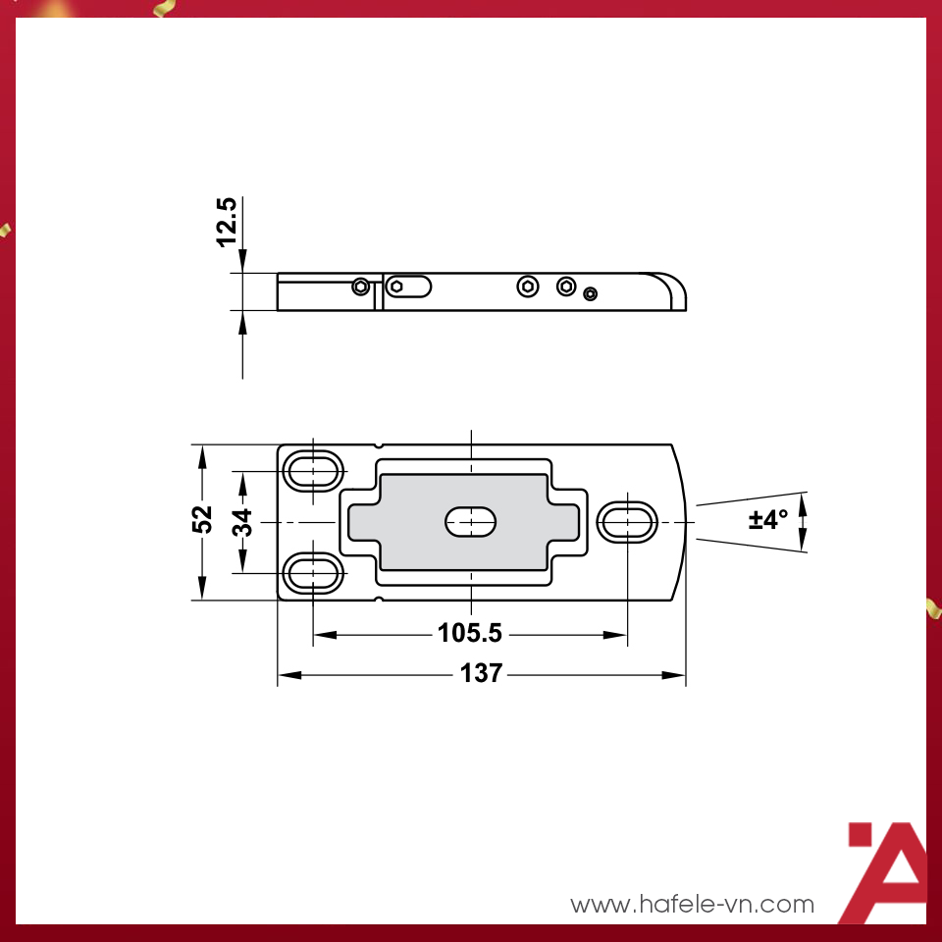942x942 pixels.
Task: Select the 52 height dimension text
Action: point(202,519)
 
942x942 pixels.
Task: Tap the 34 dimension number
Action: point(242,521)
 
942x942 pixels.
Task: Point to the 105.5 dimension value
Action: point(469,634)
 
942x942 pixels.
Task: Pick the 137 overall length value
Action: point(482,674)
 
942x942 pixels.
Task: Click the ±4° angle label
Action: point(767,519)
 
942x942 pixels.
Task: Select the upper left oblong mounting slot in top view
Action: point(313,470)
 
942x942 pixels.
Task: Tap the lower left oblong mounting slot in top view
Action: point(313,572)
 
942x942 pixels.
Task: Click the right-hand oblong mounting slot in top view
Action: point(627,522)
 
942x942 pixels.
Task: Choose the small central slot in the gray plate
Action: point(471,522)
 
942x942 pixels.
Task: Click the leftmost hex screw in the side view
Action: point(361,287)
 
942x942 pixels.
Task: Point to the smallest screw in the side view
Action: point(590,293)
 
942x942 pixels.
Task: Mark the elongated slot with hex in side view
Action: point(407,287)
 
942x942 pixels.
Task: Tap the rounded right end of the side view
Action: point(672,290)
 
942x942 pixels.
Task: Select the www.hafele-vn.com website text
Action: point(692,904)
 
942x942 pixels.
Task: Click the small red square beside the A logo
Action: point(860,834)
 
